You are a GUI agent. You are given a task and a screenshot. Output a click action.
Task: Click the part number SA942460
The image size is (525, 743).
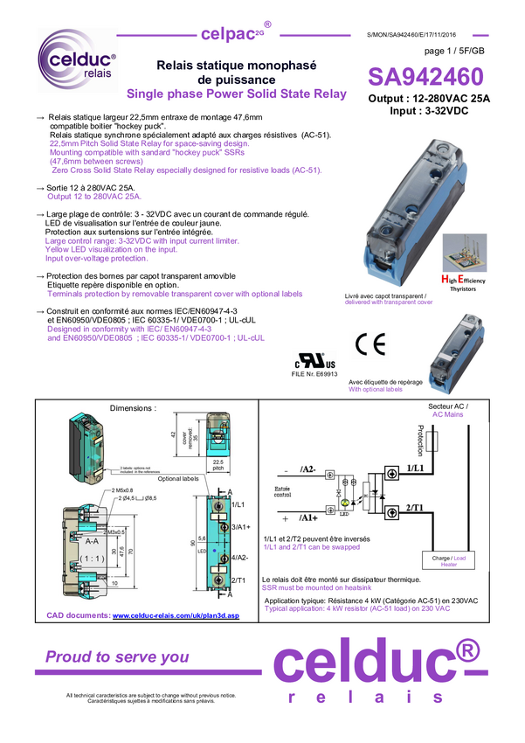pyautogui.click(x=425, y=76)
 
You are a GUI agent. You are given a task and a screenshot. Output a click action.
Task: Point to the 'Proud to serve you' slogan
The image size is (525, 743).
pyautogui.click(x=117, y=656)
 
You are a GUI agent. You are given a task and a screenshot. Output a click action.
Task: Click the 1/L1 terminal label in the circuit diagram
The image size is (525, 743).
pyautogui.click(x=417, y=469)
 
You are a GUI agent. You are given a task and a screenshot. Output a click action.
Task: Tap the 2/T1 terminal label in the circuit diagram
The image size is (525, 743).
pyautogui.click(x=416, y=507)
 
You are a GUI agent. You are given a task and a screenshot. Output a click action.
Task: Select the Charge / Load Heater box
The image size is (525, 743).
pyautogui.click(x=449, y=560)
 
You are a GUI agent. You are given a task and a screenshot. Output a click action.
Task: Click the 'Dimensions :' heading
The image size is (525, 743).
pyautogui.click(x=133, y=408)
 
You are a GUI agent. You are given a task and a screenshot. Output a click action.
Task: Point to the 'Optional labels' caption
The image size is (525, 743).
pyautogui.click(x=178, y=478)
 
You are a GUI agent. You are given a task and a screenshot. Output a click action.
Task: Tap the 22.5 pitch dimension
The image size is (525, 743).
pyautogui.click(x=218, y=464)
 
